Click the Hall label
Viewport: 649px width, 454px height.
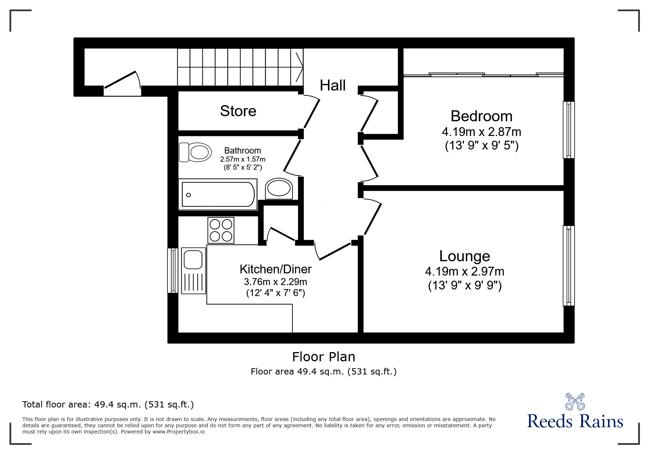point(332,85)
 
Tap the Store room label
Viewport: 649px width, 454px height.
point(238,111)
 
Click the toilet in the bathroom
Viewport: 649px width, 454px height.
point(195,152)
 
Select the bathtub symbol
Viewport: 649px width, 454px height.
point(218,195)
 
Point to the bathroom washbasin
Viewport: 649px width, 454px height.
point(279,189)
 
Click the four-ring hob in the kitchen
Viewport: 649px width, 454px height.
point(221,230)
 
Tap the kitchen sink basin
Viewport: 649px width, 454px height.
point(193,259)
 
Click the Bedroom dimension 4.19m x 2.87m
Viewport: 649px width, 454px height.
point(481,132)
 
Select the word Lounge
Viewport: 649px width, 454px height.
point(464,256)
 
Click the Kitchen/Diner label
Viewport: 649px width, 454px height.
point(275,269)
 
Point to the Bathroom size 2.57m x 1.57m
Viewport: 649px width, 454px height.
point(243,159)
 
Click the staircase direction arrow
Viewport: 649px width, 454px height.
point(299,67)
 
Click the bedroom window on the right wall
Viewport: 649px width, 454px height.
point(568,130)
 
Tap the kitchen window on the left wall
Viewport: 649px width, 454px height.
point(173,270)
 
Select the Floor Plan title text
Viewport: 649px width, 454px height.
point(323,357)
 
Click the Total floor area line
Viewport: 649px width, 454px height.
point(108,405)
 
